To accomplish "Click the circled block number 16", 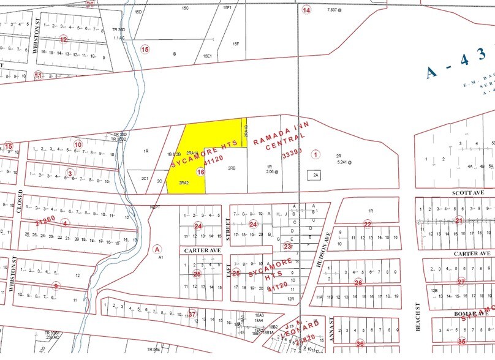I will point(200,173).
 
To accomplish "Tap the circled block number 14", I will point(307,10).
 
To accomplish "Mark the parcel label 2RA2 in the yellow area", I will point(184,183).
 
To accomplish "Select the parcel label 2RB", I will point(232,168).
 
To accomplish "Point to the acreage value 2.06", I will point(271,172).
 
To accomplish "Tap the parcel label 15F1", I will point(227,7).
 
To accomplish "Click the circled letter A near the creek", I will point(157,249).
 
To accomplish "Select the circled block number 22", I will point(368,224).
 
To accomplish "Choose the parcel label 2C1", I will point(146,179).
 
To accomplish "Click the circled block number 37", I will point(192,314).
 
